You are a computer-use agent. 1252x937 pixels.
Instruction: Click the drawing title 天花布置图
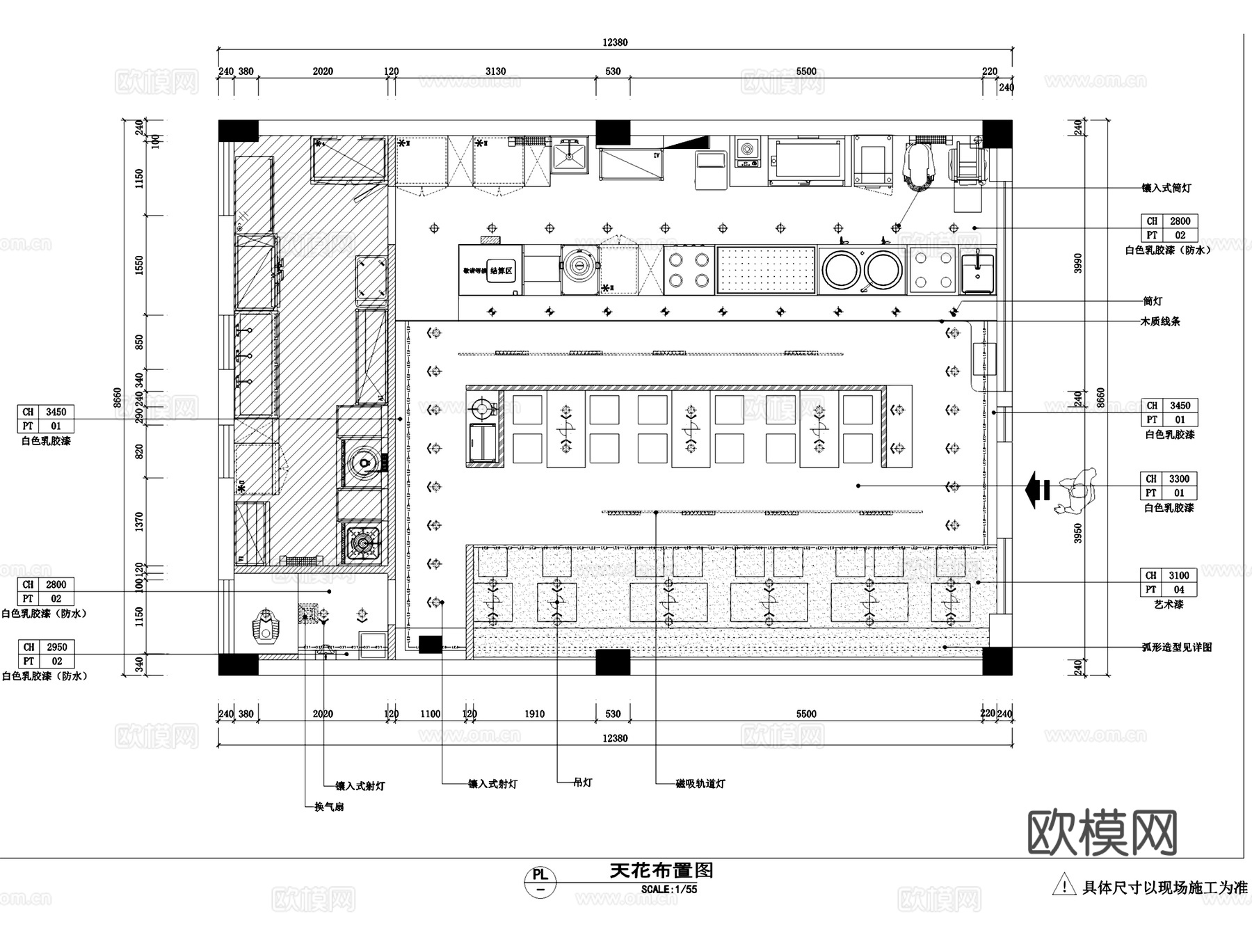click(x=661, y=870)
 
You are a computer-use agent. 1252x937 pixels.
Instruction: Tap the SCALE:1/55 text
click(x=668, y=889)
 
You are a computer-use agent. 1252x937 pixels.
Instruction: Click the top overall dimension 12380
click(x=615, y=42)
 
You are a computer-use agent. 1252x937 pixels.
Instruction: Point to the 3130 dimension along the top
click(x=495, y=72)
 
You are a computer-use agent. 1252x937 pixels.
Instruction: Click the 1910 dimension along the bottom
click(x=534, y=714)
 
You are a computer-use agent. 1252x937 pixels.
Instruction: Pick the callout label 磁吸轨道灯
click(x=700, y=784)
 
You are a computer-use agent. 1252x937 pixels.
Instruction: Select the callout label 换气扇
click(x=329, y=807)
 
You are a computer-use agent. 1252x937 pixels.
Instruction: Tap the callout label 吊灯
click(x=583, y=783)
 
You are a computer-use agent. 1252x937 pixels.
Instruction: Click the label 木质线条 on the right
click(x=1160, y=321)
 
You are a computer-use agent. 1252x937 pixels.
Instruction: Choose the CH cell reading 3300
click(x=1179, y=479)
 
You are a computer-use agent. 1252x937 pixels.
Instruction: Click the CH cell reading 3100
click(x=1179, y=575)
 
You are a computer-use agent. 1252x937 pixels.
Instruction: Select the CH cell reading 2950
click(x=56, y=647)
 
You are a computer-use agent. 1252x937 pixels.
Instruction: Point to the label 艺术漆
click(x=1169, y=604)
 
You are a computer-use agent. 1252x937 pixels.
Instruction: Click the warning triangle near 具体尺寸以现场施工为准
click(x=1064, y=886)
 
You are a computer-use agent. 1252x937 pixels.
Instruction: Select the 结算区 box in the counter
click(x=501, y=271)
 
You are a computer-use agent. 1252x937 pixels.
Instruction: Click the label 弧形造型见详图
click(x=1177, y=647)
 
